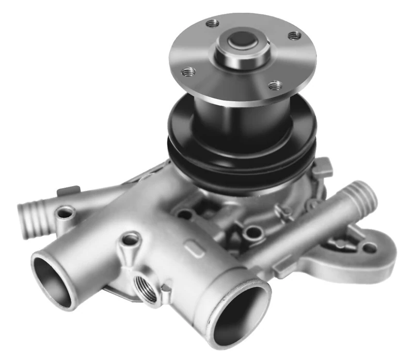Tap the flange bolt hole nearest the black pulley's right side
[275, 85]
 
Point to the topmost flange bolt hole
[212, 23]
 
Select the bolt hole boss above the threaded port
[131, 239]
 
